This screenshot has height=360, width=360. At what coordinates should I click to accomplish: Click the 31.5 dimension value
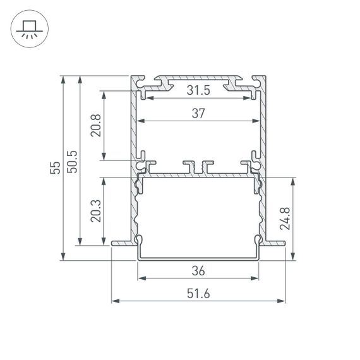click(199, 92)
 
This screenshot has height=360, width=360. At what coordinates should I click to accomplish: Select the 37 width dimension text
click(199, 114)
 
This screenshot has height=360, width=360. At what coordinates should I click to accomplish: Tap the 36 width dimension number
click(198, 271)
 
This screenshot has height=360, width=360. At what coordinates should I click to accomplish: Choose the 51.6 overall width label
click(198, 294)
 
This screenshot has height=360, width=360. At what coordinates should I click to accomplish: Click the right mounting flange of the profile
click(274, 241)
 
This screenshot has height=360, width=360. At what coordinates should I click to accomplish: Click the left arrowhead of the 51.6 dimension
click(115, 301)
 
